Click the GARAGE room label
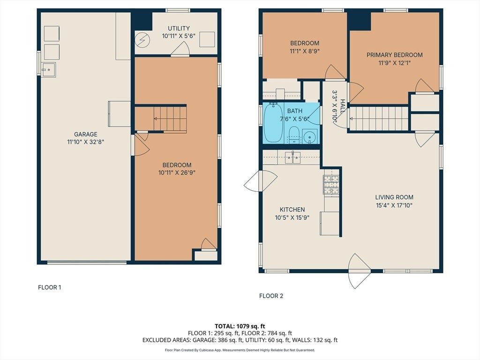coord(86,134)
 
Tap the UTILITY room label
coord(179,28)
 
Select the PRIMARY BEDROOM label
coord(395,55)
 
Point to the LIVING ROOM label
coord(394,197)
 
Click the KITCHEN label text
coord(292,210)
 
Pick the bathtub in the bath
coord(273,123)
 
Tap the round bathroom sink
coord(310,136)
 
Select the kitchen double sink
coord(293,157)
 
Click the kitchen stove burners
coord(331,185)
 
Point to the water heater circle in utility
coord(142,40)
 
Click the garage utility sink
coord(48,70)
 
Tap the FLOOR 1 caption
coord(50,287)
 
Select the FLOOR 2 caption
coord(271,296)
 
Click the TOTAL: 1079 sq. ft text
coord(240,326)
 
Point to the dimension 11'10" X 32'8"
coord(86,142)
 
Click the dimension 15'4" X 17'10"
coord(394,205)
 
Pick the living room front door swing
coord(360,271)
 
